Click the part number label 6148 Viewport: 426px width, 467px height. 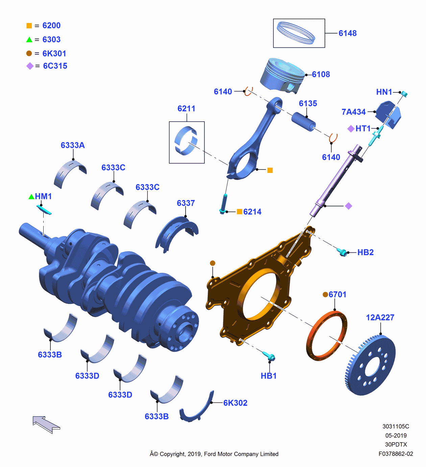point(347,33)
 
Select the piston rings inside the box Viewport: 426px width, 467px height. point(296,33)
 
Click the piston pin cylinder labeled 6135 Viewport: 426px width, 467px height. point(303,121)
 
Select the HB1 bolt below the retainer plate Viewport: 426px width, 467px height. point(269,356)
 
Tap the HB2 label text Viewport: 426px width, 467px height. point(365,252)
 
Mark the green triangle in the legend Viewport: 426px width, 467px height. point(29,40)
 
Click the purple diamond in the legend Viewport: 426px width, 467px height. point(30,66)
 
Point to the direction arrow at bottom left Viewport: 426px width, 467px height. point(46,424)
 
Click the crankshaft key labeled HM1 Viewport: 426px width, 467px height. point(44,210)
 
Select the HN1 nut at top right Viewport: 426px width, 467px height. point(404,94)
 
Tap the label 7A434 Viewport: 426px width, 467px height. point(353,112)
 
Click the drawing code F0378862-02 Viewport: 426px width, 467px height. point(395,454)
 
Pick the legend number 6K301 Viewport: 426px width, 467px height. point(54,53)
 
